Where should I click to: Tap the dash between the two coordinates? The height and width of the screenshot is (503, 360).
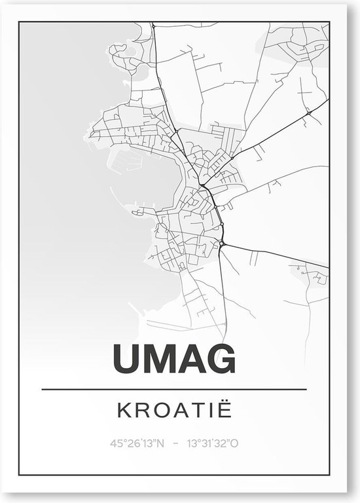click(x=175, y=444)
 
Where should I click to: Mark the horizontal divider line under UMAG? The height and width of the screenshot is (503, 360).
click(x=174, y=390)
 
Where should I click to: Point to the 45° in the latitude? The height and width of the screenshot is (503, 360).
click(x=120, y=444)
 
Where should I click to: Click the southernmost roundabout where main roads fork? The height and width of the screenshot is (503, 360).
click(x=223, y=244)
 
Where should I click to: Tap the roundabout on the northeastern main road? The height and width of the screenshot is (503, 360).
click(x=308, y=113)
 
